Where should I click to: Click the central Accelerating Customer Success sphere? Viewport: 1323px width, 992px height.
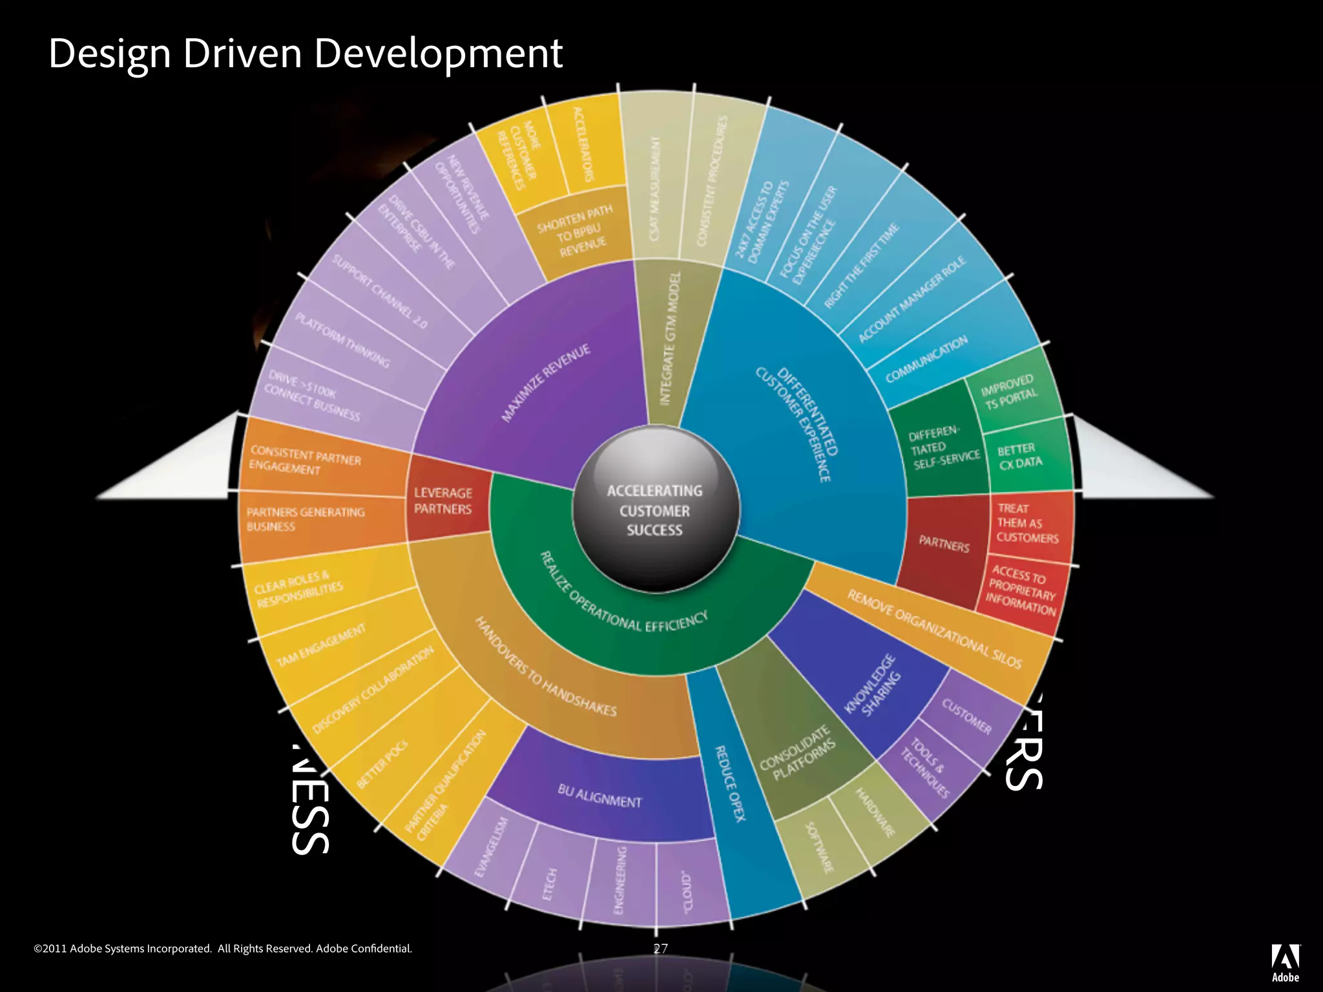(654, 510)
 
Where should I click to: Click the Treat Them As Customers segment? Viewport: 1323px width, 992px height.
(1027, 523)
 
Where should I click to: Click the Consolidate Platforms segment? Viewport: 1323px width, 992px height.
(798, 752)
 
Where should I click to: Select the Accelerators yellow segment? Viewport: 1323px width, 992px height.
(585, 145)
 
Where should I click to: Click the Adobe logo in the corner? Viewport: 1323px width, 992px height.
(1285, 962)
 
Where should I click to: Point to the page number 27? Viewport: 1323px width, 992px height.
(660, 948)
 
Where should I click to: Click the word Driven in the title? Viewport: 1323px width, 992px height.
(242, 53)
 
